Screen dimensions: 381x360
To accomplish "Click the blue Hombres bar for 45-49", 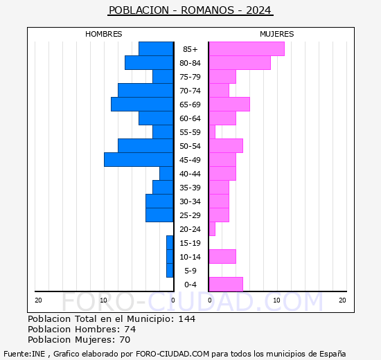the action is (x=139, y=160).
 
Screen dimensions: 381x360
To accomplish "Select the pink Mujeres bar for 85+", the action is (x=247, y=49).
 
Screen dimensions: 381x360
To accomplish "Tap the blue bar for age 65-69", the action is (x=142, y=105).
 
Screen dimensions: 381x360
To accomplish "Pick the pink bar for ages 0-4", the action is (x=226, y=285).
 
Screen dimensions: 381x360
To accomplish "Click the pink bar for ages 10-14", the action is (x=222, y=257).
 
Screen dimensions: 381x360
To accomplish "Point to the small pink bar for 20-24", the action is (x=212, y=229).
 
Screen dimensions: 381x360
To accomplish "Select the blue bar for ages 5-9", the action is (x=170, y=271).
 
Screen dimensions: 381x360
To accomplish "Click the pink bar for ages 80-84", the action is (x=240, y=63).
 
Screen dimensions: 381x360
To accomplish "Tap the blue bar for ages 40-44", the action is (x=166, y=174).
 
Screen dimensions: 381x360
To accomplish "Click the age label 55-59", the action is (x=190, y=132).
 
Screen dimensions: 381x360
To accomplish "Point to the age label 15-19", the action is (x=190, y=243).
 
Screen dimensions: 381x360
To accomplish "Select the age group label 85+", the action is (x=190, y=49).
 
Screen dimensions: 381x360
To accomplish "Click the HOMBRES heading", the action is (x=103, y=34).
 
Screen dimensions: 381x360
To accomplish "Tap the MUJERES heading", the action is (x=277, y=34).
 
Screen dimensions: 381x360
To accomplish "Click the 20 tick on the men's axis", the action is (x=38, y=300).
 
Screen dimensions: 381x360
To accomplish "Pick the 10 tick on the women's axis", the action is (x=277, y=300).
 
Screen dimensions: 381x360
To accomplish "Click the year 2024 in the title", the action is (x=258, y=10).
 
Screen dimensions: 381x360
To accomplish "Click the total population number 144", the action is (x=186, y=319).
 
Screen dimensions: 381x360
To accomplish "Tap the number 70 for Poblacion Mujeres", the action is (x=125, y=340).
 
